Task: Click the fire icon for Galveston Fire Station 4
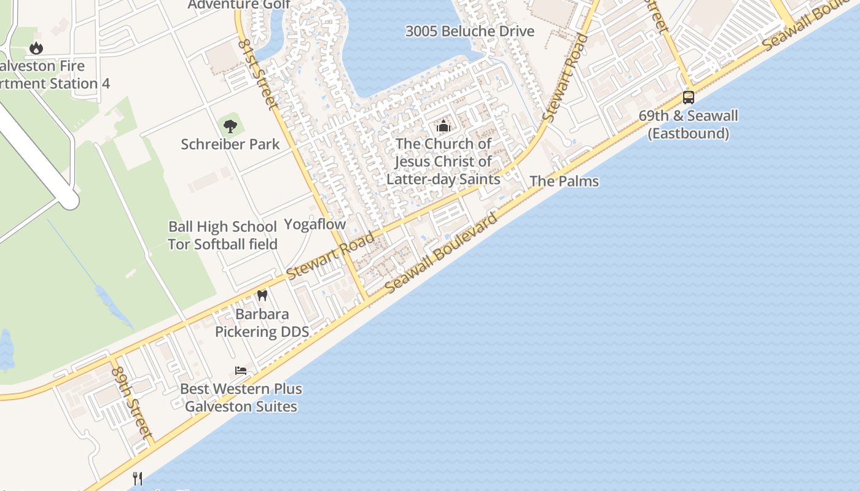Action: tap(36, 47)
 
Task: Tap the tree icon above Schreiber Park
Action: tap(230, 127)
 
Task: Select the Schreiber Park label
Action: tap(230, 144)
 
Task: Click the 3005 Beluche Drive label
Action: tap(470, 31)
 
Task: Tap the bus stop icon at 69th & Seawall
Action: tap(689, 98)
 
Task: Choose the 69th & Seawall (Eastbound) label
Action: tap(689, 125)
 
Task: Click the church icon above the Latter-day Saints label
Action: tap(443, 127)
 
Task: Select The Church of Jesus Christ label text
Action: tap(444, 161)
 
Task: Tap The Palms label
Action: tap(564, 181)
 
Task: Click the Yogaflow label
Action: tap(315, 224)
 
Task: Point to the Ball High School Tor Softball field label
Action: tap(222, 235)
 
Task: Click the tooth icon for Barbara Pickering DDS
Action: tap(262, 295)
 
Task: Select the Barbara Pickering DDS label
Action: tap(262, 323)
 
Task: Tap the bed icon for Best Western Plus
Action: tap(241, 371)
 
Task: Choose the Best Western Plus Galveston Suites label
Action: tap(241, 398)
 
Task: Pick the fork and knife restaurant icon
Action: tap(138, 478)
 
